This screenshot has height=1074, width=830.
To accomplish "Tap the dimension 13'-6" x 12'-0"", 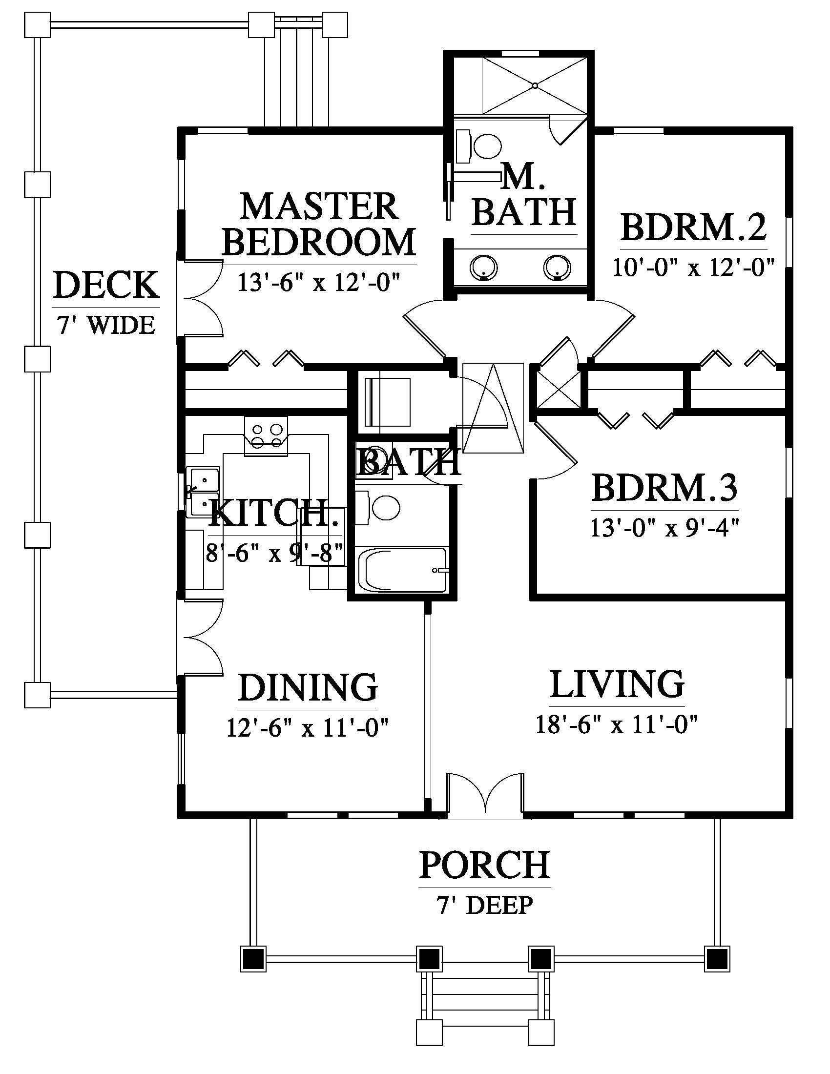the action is [318, 282].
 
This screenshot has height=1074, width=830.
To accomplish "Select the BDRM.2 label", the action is [693, 227].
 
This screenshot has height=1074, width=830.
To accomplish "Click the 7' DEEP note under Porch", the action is [484, 905].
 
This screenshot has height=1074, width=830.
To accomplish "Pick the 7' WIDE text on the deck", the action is [106, 325].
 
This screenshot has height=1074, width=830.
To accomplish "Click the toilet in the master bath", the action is [479, 146].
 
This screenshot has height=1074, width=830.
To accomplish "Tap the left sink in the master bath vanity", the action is [484, 268].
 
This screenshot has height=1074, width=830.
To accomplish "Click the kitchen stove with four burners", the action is [266, 435].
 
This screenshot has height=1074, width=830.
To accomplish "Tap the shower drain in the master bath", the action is [535, 85].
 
